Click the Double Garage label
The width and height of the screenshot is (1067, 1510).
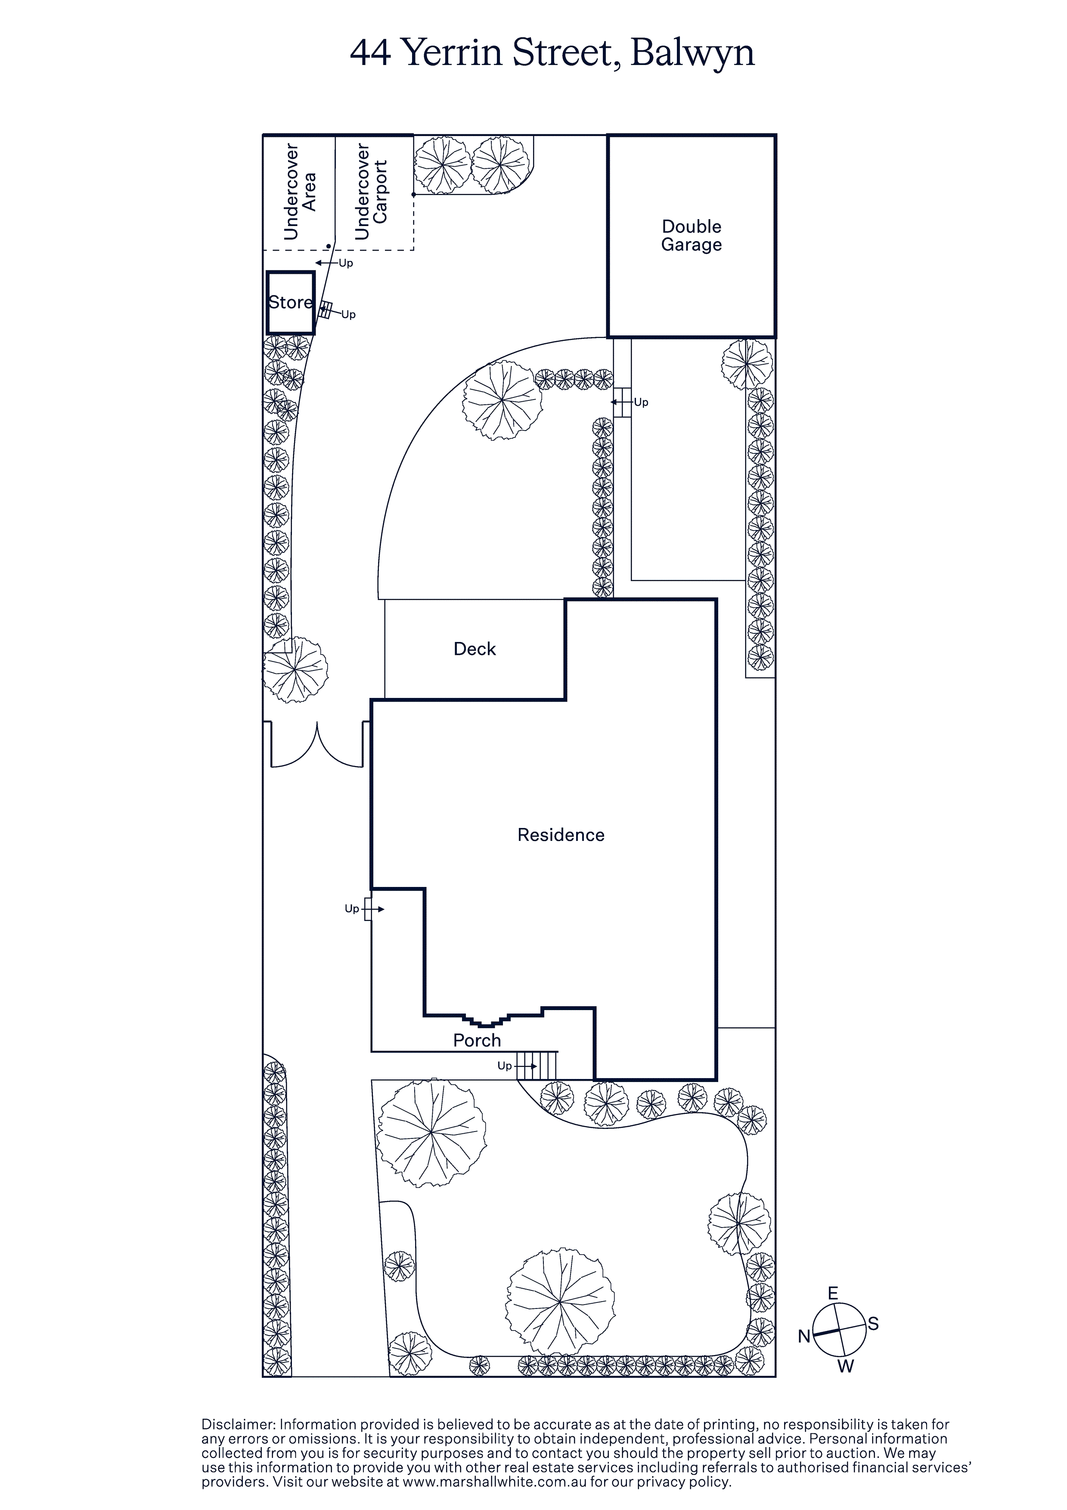tap(692, 236)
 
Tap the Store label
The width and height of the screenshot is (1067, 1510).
tap(290, 303)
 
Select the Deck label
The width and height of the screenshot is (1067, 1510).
tap(475, 649)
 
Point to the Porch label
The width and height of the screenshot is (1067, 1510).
tap(477, 1040)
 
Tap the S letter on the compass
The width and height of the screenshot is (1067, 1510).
tap(873, 1324)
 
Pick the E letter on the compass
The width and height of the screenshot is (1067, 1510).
tap(833, 1293)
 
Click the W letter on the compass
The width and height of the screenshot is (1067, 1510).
tap(845, 1367)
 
